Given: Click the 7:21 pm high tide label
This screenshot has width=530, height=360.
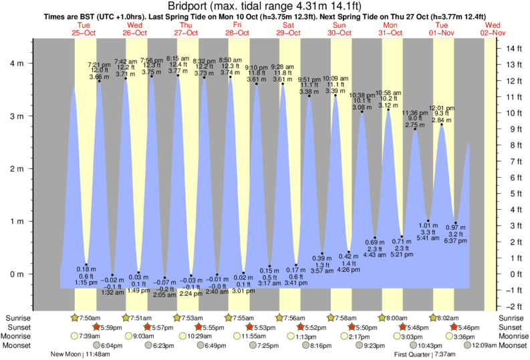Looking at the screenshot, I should (x=100, y=65).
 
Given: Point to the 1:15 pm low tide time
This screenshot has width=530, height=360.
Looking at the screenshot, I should (x=86, y=283).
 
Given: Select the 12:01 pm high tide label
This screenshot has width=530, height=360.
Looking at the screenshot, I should (x=442, y=108).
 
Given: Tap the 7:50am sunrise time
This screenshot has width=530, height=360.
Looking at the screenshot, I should (x=90, y=318).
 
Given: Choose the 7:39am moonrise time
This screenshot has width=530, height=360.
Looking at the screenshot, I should (x=90, y=337).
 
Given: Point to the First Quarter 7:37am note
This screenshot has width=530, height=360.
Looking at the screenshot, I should (x=423, y=355).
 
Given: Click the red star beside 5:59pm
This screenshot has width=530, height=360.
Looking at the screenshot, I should (x=96, y=327).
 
